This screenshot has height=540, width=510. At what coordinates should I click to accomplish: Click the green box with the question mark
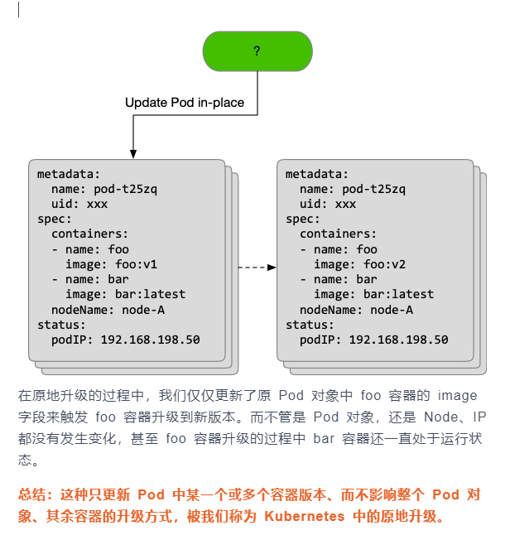tap(257, 51)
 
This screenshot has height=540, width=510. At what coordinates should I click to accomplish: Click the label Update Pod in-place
tap(184, 103)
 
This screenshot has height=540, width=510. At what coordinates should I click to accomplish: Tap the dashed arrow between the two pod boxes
tap(257, 268)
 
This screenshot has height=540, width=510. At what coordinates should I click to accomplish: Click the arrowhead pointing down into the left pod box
tap(132, 153)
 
